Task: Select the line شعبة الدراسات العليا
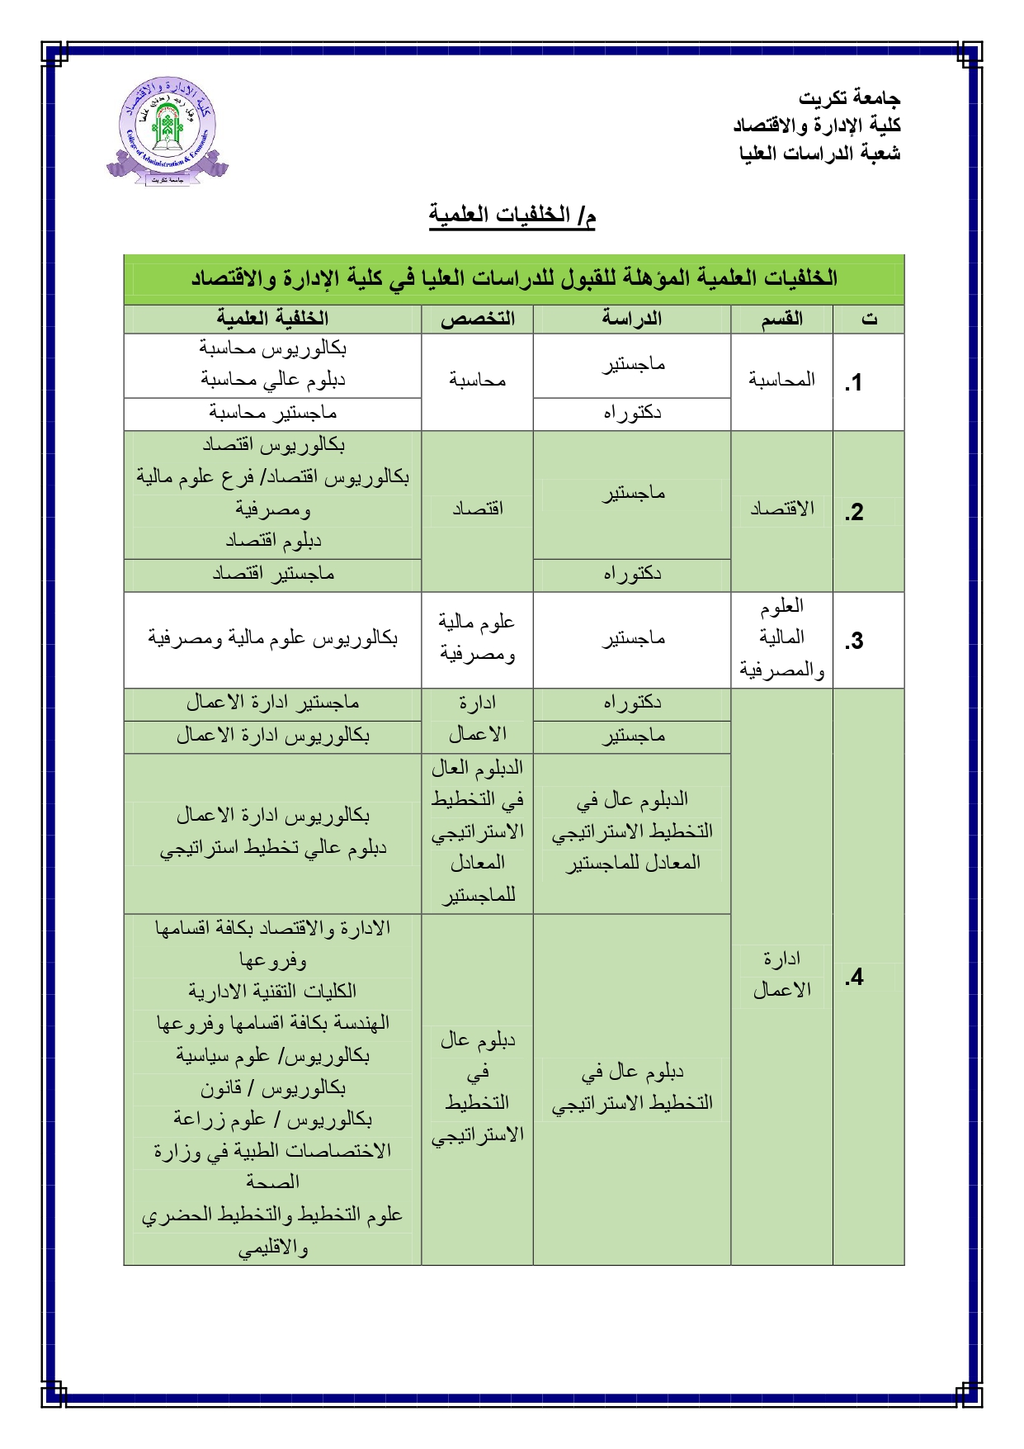tap(819, 154)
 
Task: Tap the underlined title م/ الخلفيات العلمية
tap(512, 215)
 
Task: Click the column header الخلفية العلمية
tap(272, 319)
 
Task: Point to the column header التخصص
tap(477, 319)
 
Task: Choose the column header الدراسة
tap(631, 319)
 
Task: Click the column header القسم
tap(781, 319)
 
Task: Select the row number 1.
tap(854, 382)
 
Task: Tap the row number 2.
tap(854, 512)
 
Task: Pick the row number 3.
tap(854, 641)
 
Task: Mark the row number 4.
tap(854, 978)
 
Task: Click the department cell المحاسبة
tap(781, 380)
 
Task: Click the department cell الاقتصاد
tap(781, 509)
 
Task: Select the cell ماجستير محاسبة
tap(272, 412)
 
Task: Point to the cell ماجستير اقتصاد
tap(272, 573)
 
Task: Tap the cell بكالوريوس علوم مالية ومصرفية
tap(272, 638)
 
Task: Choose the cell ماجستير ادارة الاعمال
tap(272, 703)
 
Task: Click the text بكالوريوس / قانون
tap(272, 1088)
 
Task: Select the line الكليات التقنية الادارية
tap(272, 991)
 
